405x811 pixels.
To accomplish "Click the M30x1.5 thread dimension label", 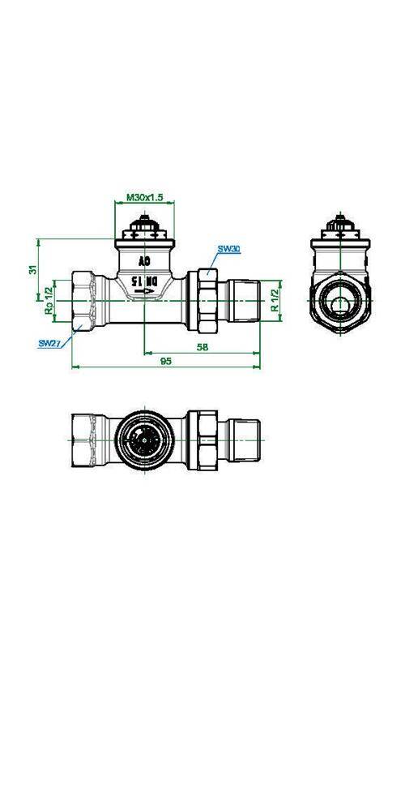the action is click(145, 197).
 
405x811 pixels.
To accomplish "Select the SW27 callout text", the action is click(50, 343).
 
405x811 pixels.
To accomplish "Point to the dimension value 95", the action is click(165, 361).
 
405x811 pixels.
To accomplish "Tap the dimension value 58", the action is click(202, 348).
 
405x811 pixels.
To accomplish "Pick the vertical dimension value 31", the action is click(32, 269).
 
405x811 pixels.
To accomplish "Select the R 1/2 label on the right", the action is click(275, 301).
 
